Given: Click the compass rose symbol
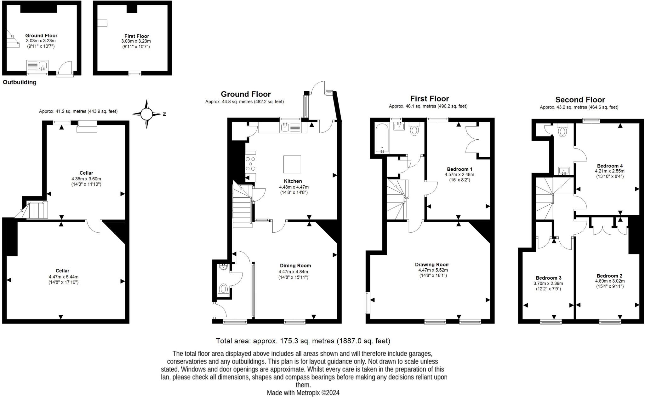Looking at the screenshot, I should (x=146, y=114).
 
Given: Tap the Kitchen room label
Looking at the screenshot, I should (x=293, y=181).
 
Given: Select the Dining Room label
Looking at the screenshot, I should (x=295, y=266).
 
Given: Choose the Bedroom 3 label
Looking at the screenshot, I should (x=548, y=278).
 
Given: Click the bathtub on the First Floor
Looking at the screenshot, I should (x=381, y=138).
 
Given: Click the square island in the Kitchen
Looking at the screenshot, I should (x=292, y=164).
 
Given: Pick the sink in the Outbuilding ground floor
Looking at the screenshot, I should (x=43, y=66).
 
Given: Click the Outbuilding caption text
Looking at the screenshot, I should (x=20, y=82).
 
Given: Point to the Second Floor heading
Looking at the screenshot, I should (x=580, y=100).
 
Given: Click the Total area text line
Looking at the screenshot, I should (x=303, y=341).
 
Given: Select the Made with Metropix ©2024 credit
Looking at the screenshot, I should (x=303, y=393).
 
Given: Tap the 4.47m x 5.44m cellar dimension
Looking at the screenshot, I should (x=63, y=277).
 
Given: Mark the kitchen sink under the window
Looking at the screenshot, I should (x=285, y=128).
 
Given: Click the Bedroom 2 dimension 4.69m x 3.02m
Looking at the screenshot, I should (x=610, y=281).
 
